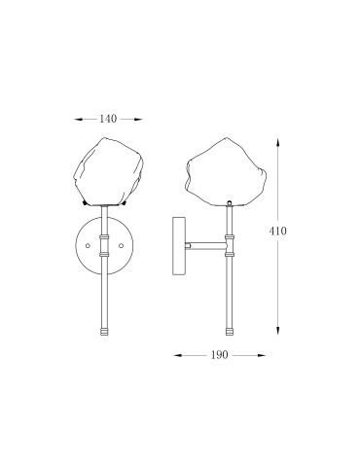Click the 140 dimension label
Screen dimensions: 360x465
[108, 119]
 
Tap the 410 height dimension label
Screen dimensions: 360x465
[277, 232]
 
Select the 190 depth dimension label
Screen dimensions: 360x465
[220, 355]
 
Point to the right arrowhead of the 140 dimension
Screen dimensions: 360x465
[138, 120]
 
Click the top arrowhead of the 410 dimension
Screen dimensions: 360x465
[277, 143]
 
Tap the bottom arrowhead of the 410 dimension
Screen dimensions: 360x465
[277, 330]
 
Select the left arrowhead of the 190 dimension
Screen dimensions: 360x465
[178, 355]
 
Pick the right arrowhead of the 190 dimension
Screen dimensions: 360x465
[262, 355]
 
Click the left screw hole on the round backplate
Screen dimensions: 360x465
[88, 246]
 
